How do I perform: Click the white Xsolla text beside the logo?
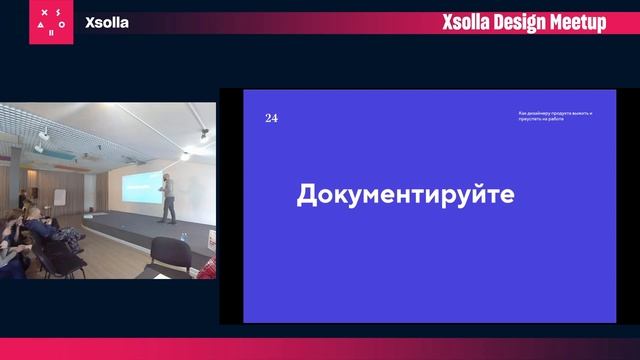click(x=107, y=22)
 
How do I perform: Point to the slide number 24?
click(x=271, y=118)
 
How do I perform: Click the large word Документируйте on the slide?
click(x=405, y=195)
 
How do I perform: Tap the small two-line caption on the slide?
click(x=549, y=115)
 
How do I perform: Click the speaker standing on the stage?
click(x=169, y=196)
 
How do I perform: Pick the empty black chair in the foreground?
click(x=171, y=256)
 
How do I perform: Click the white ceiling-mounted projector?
click(x=46, y=135)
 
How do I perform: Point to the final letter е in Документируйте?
click(x=506, y=195)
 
